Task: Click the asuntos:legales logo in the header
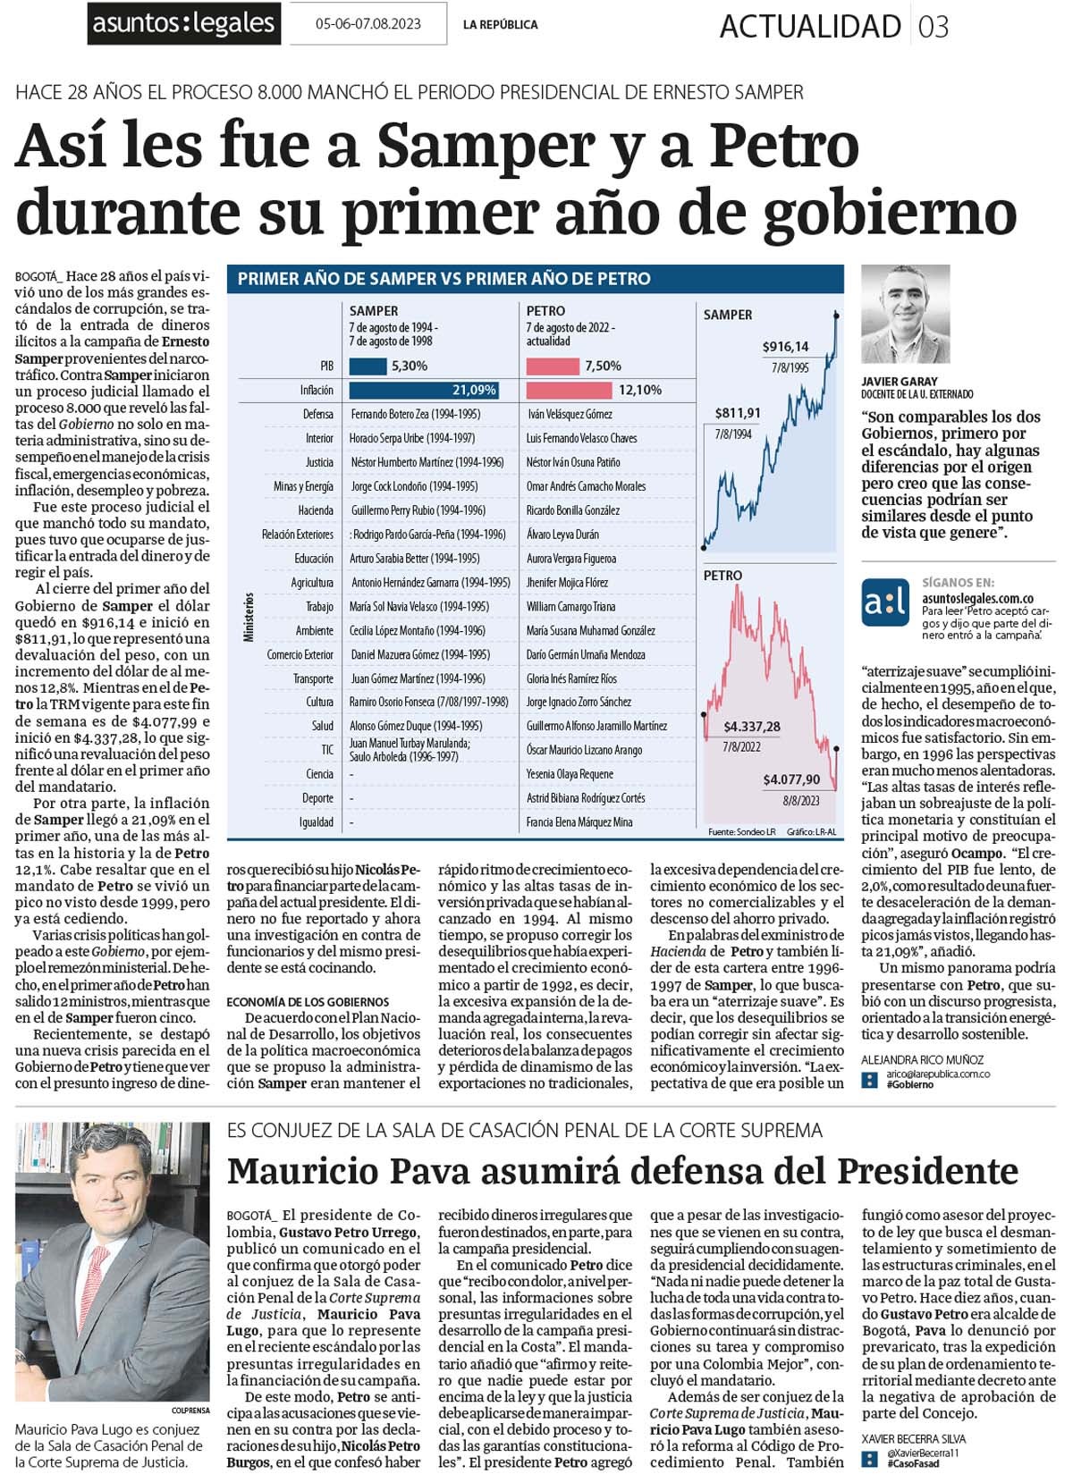pos(183,23)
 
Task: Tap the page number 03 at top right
pos(934,27)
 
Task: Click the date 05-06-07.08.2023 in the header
pos(368,24)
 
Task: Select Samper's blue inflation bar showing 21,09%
pos(423,390)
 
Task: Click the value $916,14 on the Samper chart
pos(785,346)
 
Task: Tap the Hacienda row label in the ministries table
pos(316,510)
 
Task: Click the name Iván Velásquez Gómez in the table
pos(570,414)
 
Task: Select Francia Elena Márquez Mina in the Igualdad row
pos(579,821)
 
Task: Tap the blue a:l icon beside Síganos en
pos(885,603)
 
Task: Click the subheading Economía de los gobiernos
pos(308,1002)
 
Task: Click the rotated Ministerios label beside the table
pos(249,617)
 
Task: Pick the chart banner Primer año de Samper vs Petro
pos(444,279)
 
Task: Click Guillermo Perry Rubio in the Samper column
pos(418,510)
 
